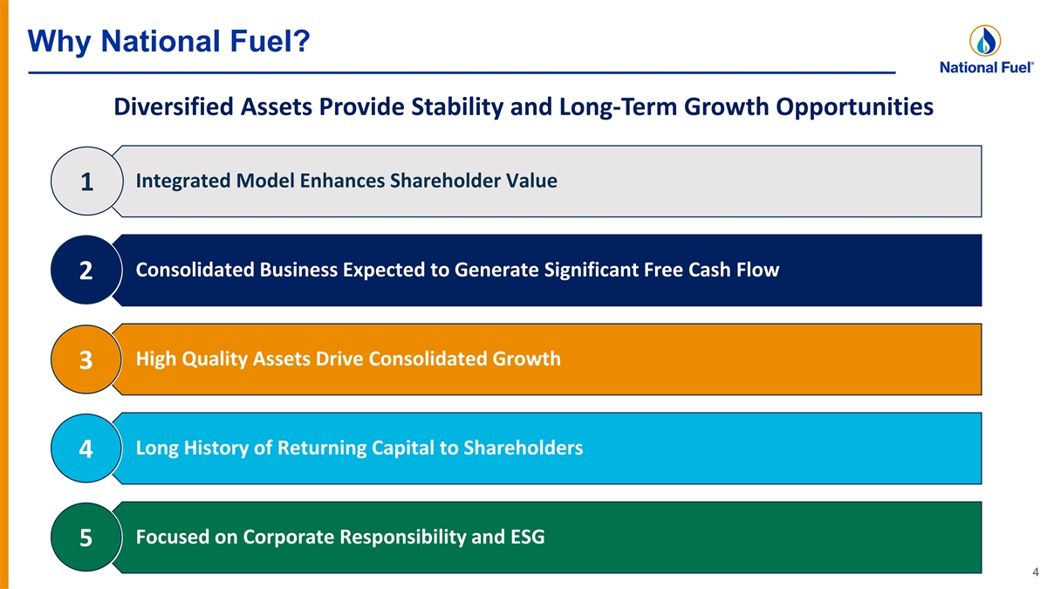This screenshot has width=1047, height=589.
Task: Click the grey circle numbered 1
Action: (x=87, y=181)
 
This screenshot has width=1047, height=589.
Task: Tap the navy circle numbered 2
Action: (x=86, y=271)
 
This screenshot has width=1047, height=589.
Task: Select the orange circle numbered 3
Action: (x=86, y=360)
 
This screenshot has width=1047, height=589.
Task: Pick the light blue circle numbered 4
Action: (x=86, y=449)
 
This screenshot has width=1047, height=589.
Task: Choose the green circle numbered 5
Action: (x=86, y=538)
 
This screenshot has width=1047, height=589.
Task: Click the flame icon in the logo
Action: (x=985, y=41)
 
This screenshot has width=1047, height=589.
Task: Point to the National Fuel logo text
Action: (x=987, y=68)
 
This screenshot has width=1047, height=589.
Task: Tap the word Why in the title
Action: (x=59, y=42)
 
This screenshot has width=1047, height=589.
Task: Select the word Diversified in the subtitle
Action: (x=174, y=106)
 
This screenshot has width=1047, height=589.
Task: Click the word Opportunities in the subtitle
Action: (x=855, y=107)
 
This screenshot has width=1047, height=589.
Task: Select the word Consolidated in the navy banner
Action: (x=195, y=270)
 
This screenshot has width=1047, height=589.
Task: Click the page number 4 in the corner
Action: (x=1036, y=572)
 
